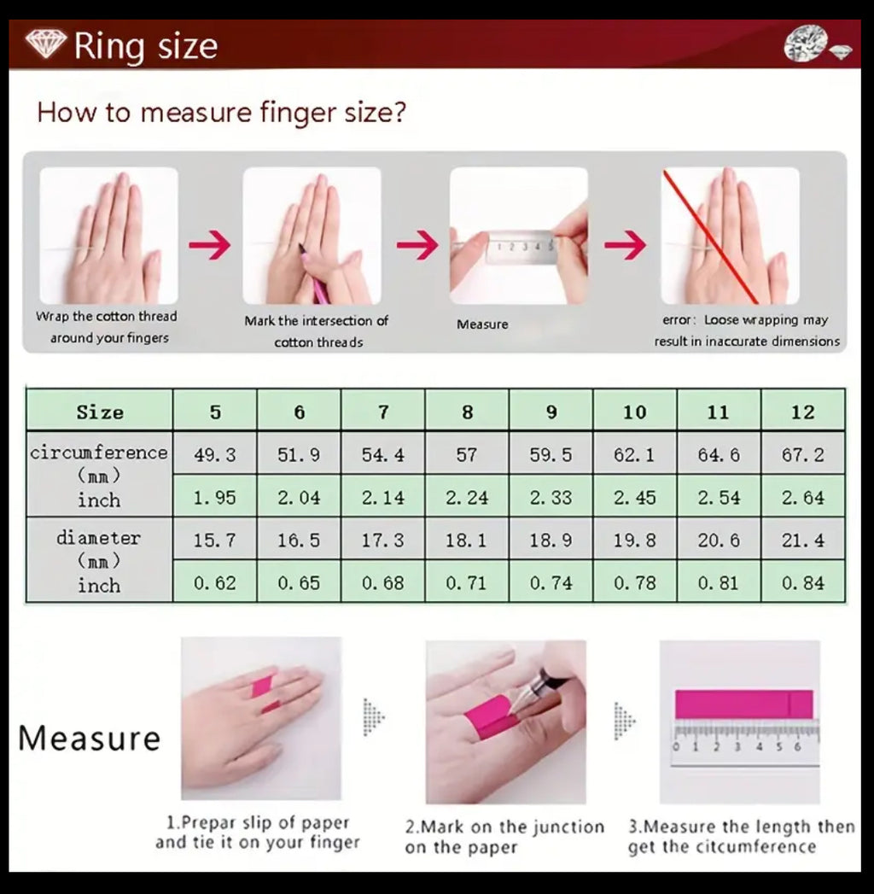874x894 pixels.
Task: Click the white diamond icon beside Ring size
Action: click(45, 44)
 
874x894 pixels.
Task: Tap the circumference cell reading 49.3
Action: click(215, 454)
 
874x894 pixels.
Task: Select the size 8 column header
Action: click(467, 411)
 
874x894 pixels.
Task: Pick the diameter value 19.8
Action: click(635, 540)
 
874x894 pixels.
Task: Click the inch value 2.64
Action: click(803, 497)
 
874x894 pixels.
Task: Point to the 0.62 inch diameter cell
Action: click(215, 582)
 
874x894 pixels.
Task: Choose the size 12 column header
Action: click(803, 411)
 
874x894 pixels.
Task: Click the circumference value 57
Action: click(467, 454)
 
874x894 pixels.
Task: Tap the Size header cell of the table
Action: click(100, 411)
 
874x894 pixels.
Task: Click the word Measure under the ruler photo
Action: click(482, 324)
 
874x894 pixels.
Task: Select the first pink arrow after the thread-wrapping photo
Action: click(210, 244)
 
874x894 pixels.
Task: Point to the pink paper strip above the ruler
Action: click(743, 704)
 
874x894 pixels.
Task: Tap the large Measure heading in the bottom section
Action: click(90, 739)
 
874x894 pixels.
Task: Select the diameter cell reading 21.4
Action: click(803, 540)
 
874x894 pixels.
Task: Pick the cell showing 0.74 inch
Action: click(551, 582)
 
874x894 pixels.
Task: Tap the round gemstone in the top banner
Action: click(806, 43)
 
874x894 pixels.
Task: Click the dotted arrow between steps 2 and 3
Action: click(625, 721)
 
